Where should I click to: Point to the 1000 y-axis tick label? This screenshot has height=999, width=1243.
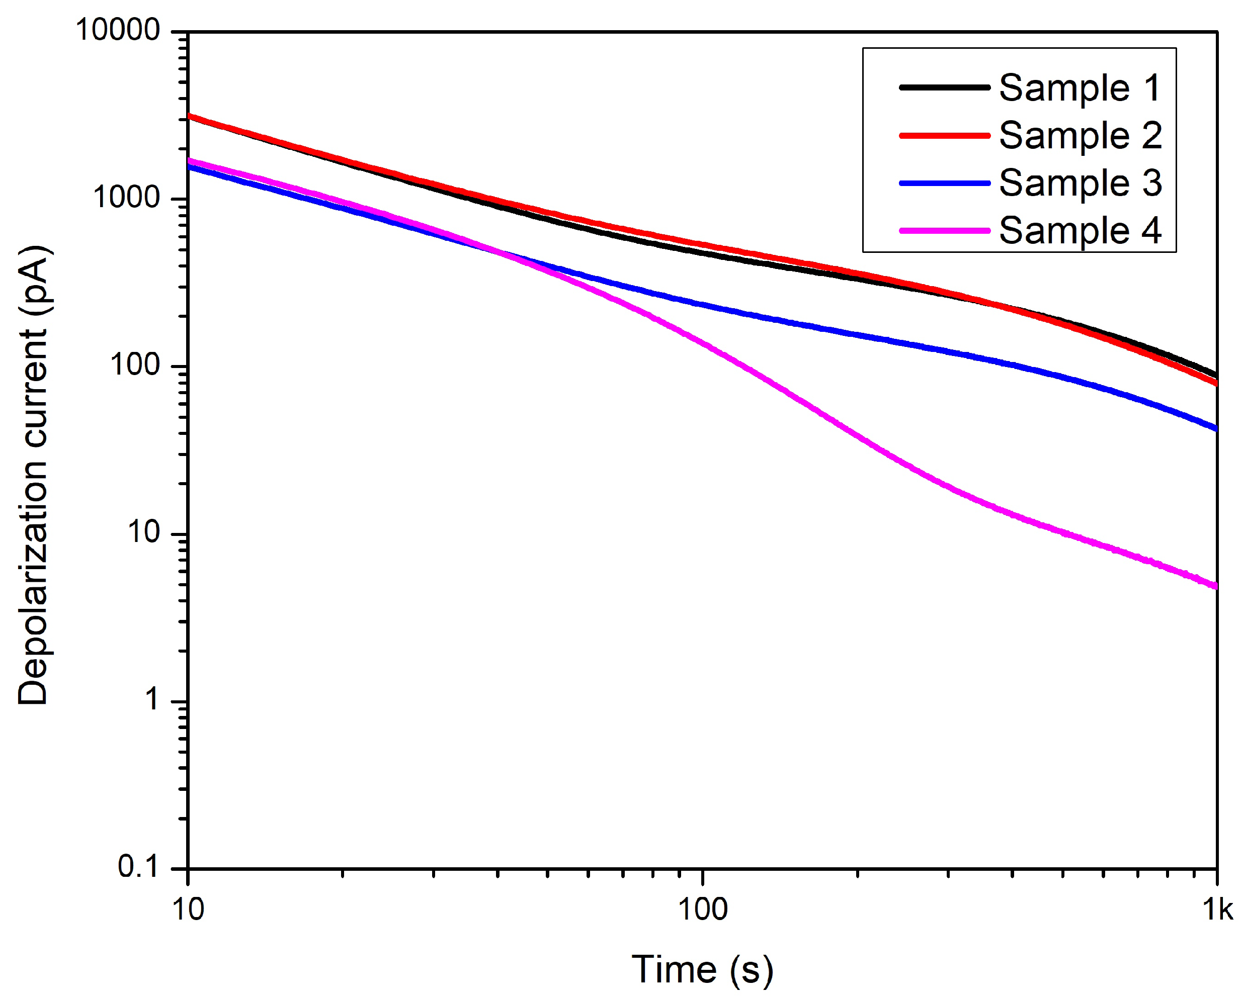point(126,198)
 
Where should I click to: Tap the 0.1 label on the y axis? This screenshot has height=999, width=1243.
point(138,866)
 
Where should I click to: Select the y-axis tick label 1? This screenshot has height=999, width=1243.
point(151,699)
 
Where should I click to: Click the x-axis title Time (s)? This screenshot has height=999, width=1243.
point(702,970)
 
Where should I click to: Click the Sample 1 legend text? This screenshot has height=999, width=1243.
point(1080,88)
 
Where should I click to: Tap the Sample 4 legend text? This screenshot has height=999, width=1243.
point(1080,230)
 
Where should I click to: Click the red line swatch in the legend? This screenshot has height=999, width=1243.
point(944,136)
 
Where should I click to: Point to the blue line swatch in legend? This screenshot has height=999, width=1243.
point(944,183)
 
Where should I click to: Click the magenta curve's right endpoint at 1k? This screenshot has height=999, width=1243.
point(1215,587)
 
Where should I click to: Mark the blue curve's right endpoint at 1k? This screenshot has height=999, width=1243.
point(1215,429)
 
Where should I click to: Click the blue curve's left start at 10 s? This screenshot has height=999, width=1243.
point(190,167)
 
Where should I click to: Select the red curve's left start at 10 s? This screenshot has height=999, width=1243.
point(190,116)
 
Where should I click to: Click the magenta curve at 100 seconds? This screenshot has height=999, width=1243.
point(702,344)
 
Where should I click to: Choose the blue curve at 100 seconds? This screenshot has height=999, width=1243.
point(702,304)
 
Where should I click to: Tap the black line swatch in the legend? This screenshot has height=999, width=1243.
point(944,87)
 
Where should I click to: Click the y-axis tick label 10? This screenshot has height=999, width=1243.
point(143,532)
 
